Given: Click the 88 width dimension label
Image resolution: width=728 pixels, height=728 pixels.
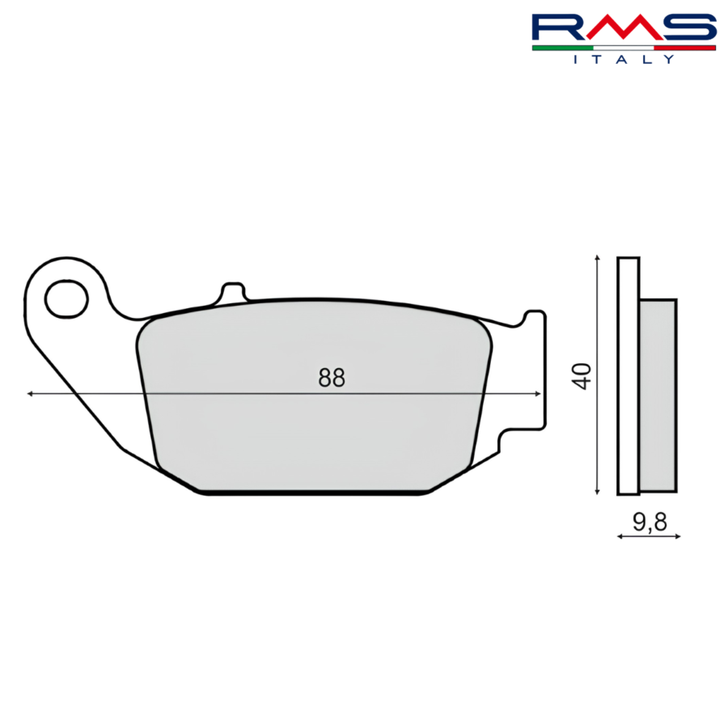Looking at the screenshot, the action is click(332, 378).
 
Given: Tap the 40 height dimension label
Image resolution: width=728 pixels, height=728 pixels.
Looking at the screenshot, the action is click(582, 376).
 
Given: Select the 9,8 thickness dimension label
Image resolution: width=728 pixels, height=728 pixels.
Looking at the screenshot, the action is click(650, 522).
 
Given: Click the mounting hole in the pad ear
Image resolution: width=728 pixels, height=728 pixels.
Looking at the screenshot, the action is click(66, 299).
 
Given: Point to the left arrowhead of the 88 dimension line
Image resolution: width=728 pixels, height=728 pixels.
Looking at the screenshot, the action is click(30, 394).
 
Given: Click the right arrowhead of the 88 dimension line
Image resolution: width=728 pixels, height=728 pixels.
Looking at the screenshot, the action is click(538, 394).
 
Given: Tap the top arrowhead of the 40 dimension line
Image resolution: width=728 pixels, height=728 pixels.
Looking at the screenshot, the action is click(598, 257).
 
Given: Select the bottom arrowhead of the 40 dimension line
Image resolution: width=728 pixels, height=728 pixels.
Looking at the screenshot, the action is click(598, 491).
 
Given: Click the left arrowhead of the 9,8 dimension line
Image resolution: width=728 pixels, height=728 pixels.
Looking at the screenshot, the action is click(620, 536).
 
